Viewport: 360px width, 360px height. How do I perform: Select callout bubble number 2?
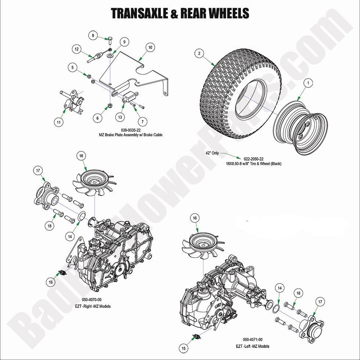199,54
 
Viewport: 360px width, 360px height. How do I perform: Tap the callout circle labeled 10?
150,47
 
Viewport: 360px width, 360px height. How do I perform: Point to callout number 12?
76,49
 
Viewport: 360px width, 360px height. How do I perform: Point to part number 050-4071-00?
252,340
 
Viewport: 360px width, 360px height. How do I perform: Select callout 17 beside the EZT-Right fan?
37,170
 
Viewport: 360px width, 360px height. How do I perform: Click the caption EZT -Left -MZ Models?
252,346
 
